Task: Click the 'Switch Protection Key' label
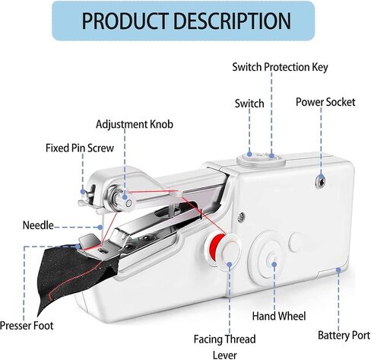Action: tap(280, 67)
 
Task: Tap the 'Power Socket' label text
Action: tap(325, 102)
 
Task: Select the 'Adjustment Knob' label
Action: tap(135, 124)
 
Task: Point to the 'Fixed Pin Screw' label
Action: tap(80, 148)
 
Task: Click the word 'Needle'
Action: tap(38, 225)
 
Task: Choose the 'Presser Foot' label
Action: tap(27, 326)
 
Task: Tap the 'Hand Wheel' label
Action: tap(279, 317)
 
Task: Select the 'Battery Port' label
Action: tap(344, 336)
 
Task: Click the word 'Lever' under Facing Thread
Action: tap(225, 355)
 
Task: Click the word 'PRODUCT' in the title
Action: tap(125, 21)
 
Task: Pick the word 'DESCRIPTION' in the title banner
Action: tap(233, 21)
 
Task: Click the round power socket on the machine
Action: tap(320, 181)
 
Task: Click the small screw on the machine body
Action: tap(241, 217)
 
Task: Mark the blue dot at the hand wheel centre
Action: tap(274, 265)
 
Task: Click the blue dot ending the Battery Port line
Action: tap(338, 270)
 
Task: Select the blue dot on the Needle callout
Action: tap(100, 227)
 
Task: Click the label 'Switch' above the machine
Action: tap(249, 104)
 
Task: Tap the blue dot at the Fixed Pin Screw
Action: tap(83, 192)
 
